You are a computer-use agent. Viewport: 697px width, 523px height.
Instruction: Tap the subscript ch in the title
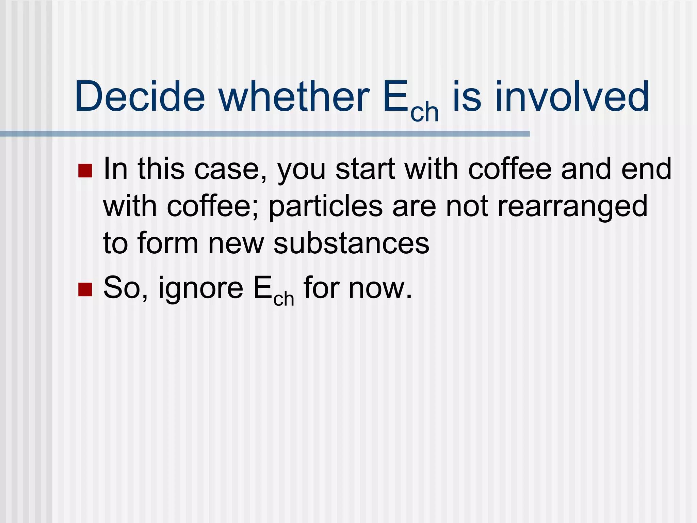pyautogui.click(x=424, y=112)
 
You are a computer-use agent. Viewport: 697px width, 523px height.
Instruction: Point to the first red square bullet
pyautogui.click(x=85, y=171)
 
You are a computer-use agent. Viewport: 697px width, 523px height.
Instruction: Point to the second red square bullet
pyautogui.click(x=85, y=289)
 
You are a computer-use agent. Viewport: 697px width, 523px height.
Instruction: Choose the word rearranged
pyautogui.click(x=572, y=207)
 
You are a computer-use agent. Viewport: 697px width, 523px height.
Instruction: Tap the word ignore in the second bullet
pyautogui.click(x=201, y=288)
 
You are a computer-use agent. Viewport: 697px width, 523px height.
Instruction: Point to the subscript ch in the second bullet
pyautogui.click(x=283, y=299)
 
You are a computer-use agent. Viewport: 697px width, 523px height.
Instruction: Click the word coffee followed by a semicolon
pyautogui.click(x=213, y=207)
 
